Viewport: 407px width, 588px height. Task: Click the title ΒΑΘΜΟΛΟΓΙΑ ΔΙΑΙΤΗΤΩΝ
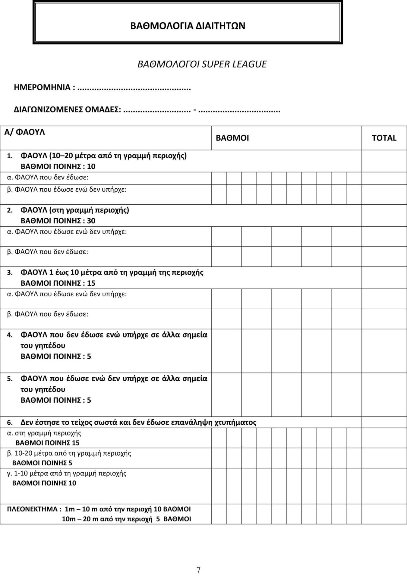click(188, 26)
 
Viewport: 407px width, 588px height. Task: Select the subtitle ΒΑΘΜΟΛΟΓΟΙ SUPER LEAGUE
click(202, 64)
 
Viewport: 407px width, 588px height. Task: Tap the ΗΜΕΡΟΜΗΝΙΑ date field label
click(42, 87)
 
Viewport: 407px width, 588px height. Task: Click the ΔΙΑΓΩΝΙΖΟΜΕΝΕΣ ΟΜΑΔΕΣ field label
click(67, 109)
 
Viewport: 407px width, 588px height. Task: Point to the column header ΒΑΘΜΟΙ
click(232, 138)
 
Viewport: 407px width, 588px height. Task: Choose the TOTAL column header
click(384, 138)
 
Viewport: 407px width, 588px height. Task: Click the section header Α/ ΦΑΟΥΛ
click(24, 132)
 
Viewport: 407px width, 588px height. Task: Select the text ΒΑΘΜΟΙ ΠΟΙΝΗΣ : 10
click(58, 166)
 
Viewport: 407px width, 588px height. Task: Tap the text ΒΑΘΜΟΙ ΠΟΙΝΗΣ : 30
click(58, 221)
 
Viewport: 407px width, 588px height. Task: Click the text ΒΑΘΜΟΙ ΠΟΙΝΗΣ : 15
click(58, 283)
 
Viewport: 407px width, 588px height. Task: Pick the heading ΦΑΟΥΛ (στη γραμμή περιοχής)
click(74, 210)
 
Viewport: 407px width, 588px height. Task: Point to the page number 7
click(198, 570)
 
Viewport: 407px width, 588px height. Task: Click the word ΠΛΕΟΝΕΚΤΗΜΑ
click(32, 509)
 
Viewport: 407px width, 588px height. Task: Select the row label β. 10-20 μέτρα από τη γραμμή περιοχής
click(69, 453)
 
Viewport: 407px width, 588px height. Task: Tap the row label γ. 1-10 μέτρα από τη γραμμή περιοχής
click(67, 473)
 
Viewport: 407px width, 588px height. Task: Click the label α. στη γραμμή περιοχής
click(44, 433)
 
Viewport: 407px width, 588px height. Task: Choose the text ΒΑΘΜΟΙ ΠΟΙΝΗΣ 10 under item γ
click(44, 483)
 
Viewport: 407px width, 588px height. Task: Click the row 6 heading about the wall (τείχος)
click(138, 422)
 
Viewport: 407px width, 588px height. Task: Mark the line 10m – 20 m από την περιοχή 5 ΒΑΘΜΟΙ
click(126, 519)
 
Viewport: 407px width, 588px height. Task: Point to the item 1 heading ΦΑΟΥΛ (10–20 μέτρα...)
click(103, 156)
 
